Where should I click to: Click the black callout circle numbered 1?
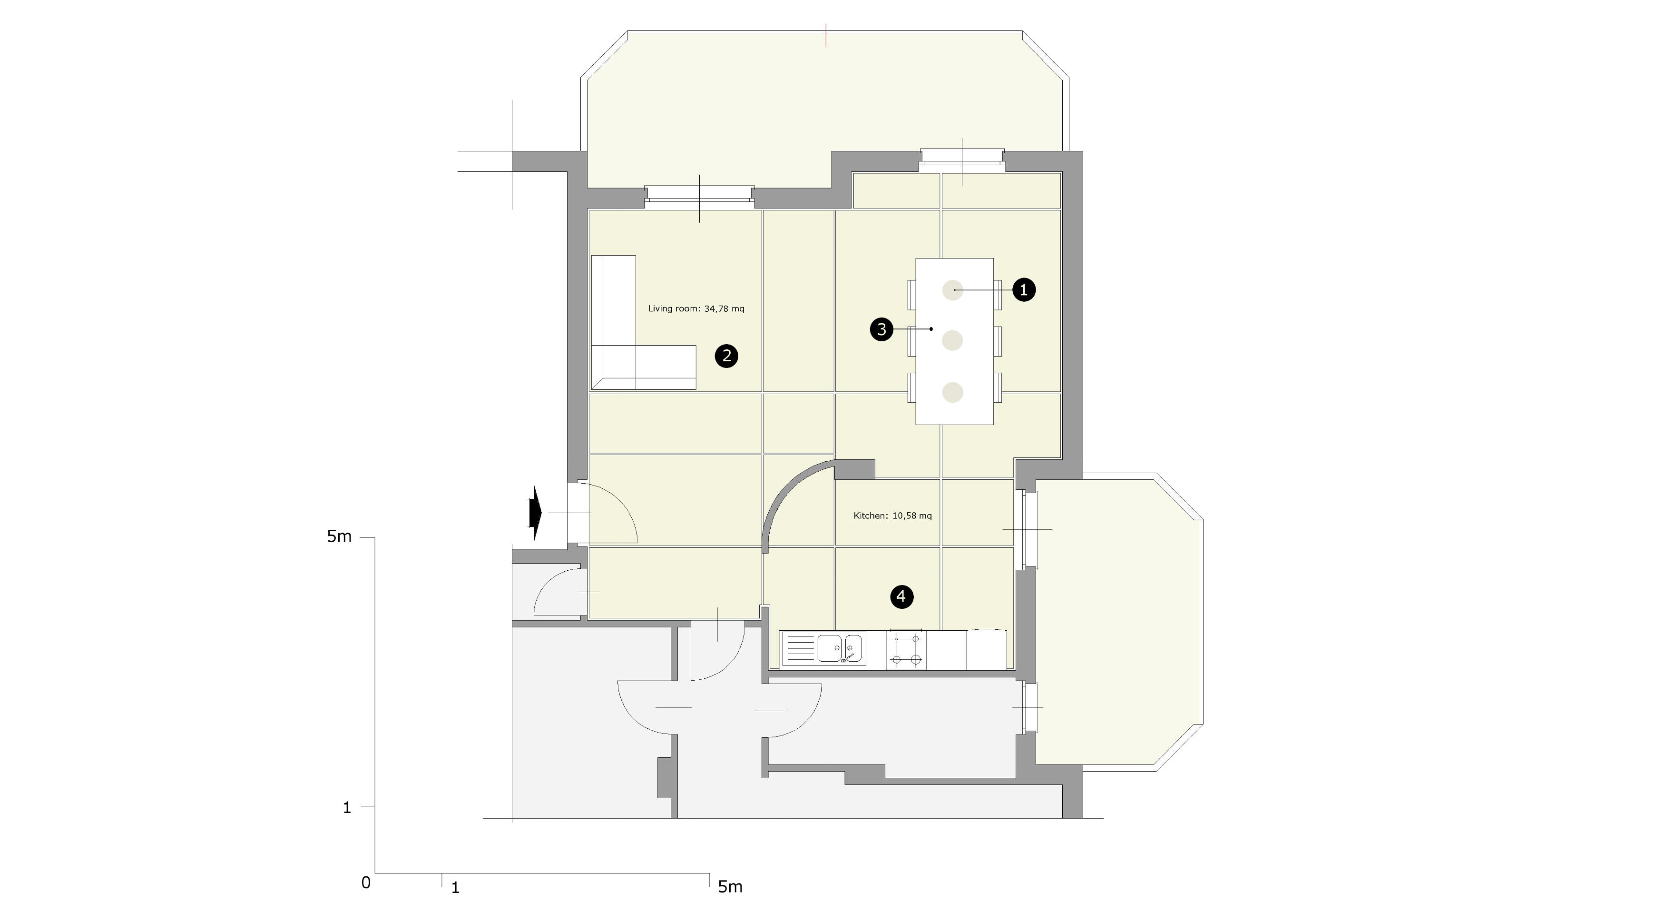[x=1023, y=290]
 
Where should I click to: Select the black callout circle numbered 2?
[x=726, y=356]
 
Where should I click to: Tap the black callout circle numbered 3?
[x=881, y=329]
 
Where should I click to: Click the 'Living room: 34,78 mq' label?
[x=696, y=308]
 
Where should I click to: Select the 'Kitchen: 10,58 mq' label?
[x=892, y=516]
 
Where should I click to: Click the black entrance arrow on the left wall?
[x=535, y=513]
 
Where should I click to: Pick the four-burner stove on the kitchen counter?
[x=906, y=649]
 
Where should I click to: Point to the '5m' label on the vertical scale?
[x=339, y=536]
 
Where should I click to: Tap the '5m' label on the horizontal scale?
[x=730, y=886]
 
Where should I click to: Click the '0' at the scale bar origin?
[x=366, y=883]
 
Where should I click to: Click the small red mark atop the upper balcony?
[x=826, y=36]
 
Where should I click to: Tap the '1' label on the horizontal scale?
[x=455, y=888]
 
